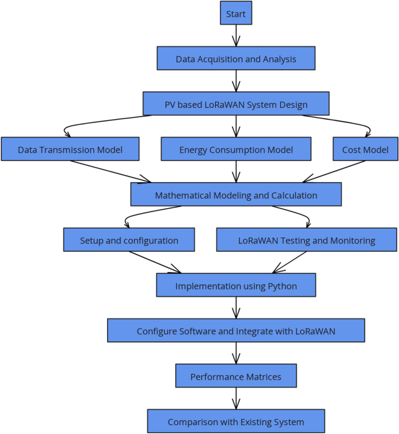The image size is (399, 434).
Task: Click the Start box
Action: coord(236,13)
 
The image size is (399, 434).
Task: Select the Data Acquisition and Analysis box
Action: coord(236,59)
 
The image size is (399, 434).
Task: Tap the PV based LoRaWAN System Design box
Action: coord(236,104)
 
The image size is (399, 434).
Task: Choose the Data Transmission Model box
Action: coord(70,150)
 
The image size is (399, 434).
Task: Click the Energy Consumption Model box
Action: coord(236,150)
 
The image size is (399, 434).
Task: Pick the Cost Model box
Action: coord(365,150)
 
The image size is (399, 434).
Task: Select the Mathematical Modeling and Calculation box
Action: coord(236,195)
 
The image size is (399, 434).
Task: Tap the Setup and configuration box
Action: coord(129,240)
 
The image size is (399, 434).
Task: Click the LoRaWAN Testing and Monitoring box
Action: coord(306,240)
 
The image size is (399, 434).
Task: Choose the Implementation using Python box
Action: coord(236,285)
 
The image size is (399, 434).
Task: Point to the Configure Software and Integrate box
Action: coord(236,331)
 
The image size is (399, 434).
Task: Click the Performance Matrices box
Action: coord(236,376)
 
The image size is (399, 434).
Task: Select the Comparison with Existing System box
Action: coord(236,422)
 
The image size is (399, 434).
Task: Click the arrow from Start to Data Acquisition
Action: coord(236,36)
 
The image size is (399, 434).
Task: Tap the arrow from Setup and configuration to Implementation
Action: coord(154,262)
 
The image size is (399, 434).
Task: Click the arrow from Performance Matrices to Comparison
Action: coord(236,398)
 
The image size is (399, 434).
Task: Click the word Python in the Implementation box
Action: coord(282,286)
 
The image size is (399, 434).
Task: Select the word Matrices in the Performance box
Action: coord(260,377)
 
